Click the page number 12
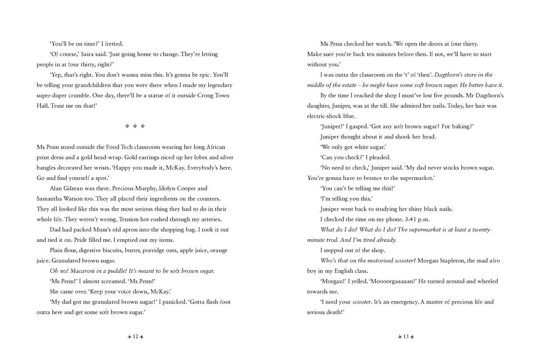pyautogui.click(x=135, y=337)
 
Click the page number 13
pyautogui.click(x=406, y=337)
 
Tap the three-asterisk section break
pyautogui.click(x=135, y=126)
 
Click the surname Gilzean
pyautogui.click(x=77, y=188)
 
